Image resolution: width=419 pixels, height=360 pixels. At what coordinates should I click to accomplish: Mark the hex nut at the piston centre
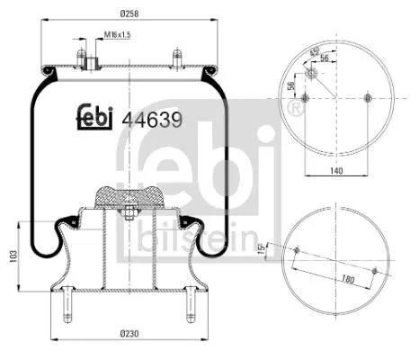tap(129, 213)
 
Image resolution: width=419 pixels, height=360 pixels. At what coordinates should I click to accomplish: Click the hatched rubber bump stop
tap(129, 194)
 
